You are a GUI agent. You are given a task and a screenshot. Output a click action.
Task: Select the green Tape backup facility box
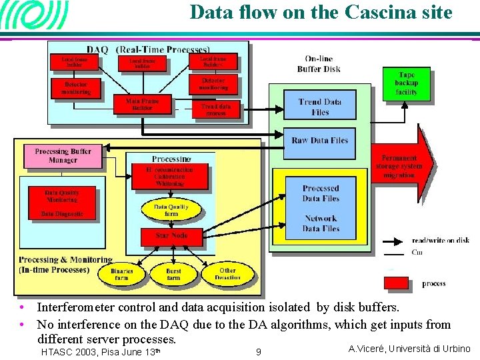[x=406, y=84]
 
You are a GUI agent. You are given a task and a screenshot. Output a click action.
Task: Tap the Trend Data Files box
[x=319, y=107]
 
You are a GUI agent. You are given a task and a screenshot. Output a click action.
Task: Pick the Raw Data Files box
[x=319, y=141]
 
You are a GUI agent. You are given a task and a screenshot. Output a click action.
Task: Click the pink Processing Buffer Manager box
[x=63, y=156]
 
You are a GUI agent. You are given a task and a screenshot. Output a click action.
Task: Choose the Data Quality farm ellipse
[x=171, y=210]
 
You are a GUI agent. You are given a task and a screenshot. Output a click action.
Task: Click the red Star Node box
[x=171, y=235]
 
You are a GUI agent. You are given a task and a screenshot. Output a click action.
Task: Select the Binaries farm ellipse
[x=121, y=274]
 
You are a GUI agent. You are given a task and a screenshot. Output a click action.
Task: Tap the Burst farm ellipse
[x=173, y=274]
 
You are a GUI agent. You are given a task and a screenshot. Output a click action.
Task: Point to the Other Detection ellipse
[x=227, y=274]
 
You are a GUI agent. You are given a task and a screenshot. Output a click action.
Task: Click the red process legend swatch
[x=396, y=283]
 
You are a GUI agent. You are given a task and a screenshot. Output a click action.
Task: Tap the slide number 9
[x=259, y=351]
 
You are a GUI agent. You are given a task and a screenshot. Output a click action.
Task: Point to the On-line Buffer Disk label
[x=319, y=64]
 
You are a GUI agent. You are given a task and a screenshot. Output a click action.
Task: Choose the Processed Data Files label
[x=321, y=193]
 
